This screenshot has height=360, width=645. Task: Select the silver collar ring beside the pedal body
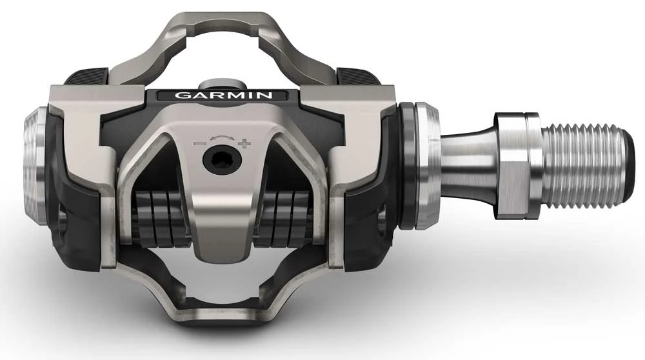point(426,165)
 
